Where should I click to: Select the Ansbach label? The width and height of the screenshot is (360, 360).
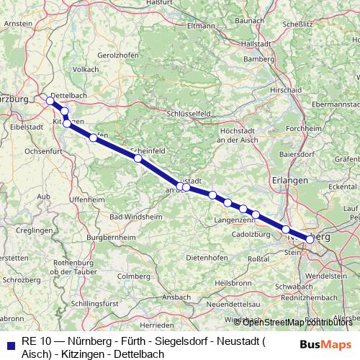[176, 296]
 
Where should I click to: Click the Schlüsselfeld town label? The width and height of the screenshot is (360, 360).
[188, 114]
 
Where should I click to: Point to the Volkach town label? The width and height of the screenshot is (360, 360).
[86, 69]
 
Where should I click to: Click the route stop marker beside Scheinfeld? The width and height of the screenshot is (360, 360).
[138, 158]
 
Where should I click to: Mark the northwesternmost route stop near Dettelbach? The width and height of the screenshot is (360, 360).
[50, 101]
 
